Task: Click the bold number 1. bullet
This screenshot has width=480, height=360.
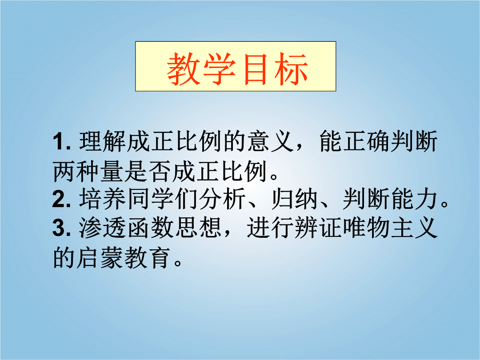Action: point(62,142)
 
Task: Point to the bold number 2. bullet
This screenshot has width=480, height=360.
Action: point(62,199)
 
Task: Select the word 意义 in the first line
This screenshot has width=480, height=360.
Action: point(271,141)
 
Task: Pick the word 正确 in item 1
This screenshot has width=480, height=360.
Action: point(367,141)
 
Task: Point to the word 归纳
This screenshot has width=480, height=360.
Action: point(295,199)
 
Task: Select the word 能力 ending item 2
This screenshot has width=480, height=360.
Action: point(415,199)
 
